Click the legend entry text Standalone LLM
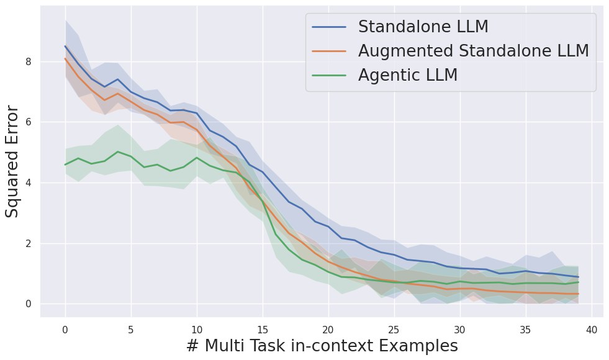coord(423,27)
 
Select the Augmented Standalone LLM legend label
coord(473,51)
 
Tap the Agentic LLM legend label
coord(407,75)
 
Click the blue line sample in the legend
coord(329,27)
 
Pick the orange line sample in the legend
coord(329,51)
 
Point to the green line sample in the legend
coord(329,75)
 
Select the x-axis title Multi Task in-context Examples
coord(322,346)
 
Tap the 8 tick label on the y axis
coord(28,61)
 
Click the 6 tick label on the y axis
coord(28,122)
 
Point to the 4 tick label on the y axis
coord(28,182)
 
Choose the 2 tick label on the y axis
coord(28,243)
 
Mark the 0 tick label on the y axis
coord(28,304)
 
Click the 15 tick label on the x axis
coord(263,329)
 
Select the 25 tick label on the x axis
coord(394,329)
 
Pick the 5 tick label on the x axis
coord(131,329)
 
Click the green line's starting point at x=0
coord(65,164)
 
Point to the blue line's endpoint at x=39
coord(578,277)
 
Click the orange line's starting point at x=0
coord(65,59)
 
